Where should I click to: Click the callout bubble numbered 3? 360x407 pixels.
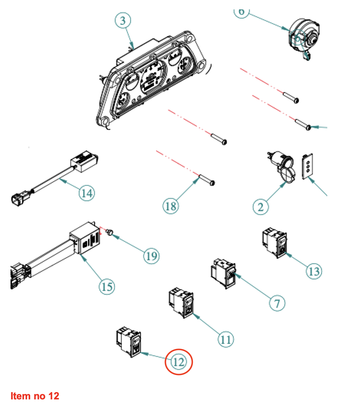point(123,20)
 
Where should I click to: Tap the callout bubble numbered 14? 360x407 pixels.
point(87,193)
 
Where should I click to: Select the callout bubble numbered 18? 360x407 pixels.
point(170,206)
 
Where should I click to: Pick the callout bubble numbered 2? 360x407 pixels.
point(260,207)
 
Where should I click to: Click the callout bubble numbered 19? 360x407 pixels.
point(151,256)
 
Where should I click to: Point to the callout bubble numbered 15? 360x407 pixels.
point(107,287)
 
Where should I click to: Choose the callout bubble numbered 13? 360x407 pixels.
point(314,271)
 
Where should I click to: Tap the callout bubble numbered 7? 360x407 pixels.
point(277,303)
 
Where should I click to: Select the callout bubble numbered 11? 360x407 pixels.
point(226,339)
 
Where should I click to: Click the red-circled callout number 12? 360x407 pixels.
point(179,362)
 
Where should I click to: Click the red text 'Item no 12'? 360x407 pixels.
point(35,396)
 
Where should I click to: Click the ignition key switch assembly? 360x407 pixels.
point(304,37)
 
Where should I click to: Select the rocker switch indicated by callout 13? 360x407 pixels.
point(275,243)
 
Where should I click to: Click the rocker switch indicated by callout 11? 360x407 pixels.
point(181,303)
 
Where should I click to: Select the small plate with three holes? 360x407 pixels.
point(307,166)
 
